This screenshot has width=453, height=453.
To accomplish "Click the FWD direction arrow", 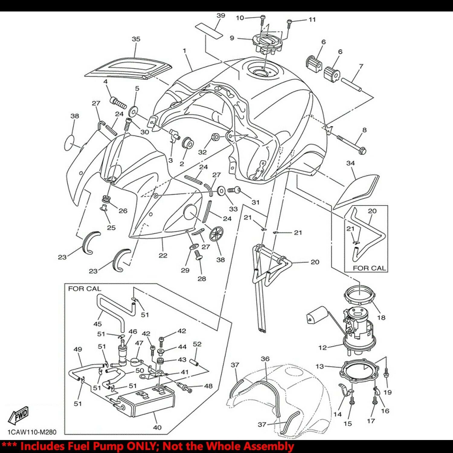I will (19, 416).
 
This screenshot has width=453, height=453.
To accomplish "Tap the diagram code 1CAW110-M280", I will (32, 432).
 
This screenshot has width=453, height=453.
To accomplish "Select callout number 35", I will (136, 39).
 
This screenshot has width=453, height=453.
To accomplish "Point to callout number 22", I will (163, 255).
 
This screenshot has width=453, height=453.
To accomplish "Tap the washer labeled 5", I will (133, 111).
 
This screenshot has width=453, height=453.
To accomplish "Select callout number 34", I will (350, 163).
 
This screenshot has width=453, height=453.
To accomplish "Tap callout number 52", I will (197, 344).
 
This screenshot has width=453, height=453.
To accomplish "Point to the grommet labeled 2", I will (188, 143).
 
